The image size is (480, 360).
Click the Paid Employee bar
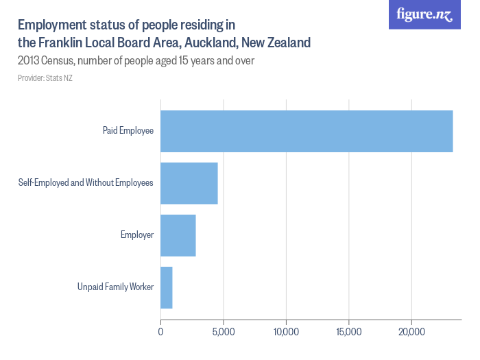coord(307,131)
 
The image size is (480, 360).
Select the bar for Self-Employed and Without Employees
coord(189,183)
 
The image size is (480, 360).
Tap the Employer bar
coord(178,235)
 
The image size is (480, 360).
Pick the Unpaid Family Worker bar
coord(167,287)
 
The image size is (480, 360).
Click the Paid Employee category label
coord(128,130)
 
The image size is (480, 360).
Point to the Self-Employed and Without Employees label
coord(86,182)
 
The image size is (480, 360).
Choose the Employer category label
coord(137,235)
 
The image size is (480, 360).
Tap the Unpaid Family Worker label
coord(115,287)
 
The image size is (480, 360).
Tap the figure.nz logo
coord(424,15)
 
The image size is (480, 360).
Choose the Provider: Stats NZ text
coord(45,78)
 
